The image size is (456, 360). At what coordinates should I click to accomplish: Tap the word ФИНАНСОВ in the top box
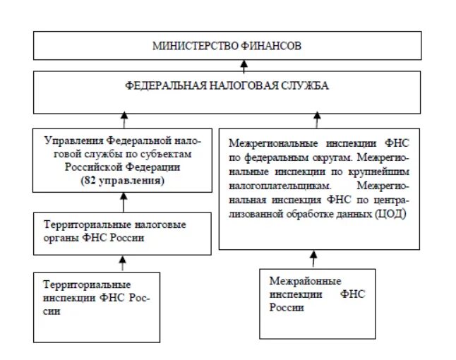272,47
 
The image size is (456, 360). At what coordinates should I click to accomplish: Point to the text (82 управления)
123,181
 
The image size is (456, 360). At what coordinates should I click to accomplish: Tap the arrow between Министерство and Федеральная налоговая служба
244,66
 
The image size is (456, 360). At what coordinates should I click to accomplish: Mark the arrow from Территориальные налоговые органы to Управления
124,205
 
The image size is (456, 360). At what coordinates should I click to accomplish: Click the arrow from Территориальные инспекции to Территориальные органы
123,263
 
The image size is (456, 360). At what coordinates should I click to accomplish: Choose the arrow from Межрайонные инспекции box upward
313,258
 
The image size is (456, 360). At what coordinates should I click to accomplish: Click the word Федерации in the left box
142,169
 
